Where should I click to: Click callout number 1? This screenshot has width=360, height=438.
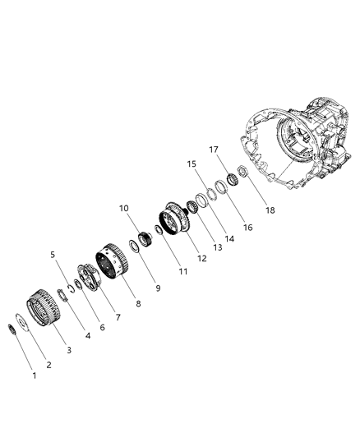coord(34,376)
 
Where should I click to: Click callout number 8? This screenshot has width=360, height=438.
coord(138,303)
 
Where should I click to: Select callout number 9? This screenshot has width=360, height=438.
coord(159,288)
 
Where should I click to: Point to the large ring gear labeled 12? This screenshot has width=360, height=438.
coord(175,218)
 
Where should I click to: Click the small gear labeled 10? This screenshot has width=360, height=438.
coord(145,239)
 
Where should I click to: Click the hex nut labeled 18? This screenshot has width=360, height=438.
coord(244,173)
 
